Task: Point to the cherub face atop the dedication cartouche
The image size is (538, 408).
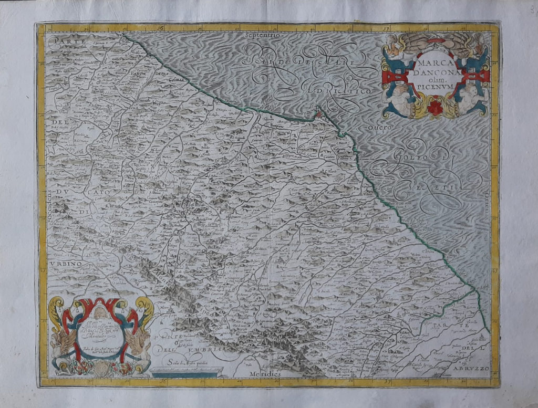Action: click(100, 313)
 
